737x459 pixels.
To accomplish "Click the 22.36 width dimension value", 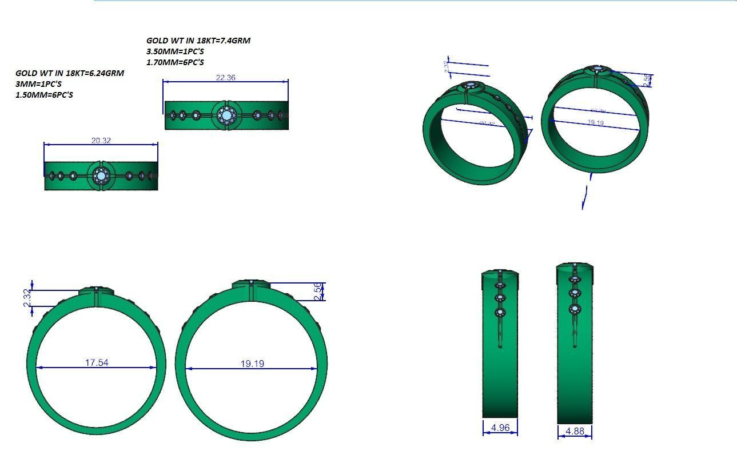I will pos(225,77).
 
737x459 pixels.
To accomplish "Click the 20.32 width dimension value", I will pos(101,140).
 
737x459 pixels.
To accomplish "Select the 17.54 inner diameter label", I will pos(97,362).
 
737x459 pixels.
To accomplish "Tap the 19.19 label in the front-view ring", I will pos(252,363).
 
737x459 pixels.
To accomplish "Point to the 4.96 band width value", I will pos(500,427).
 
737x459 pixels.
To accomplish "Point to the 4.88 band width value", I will pos(575,431).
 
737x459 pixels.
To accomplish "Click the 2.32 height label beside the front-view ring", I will pos(27,297).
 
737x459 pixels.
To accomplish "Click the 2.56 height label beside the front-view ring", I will pos(319,291).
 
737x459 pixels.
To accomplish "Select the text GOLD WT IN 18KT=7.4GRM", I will pos(198,41).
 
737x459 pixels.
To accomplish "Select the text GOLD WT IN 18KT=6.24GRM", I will pos(69,73).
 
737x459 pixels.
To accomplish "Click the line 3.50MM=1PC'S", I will pos(175,51).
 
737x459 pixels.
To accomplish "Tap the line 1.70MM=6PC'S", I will pos(175,62).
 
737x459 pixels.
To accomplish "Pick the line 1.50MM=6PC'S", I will pos(44,95).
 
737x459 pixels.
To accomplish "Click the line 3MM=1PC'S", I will pos(38,84).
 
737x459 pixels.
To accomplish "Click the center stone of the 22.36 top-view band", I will pos(226,115).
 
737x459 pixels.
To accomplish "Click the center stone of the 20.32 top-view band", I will pos(101,176).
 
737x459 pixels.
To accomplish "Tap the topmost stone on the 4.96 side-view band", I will pos(500,285).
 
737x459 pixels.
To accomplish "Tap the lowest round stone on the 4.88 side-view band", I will pos(575,309).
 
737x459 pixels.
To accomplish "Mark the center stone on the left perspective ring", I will pos(472,87).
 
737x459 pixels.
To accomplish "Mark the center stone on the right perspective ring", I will pos(598,70).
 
